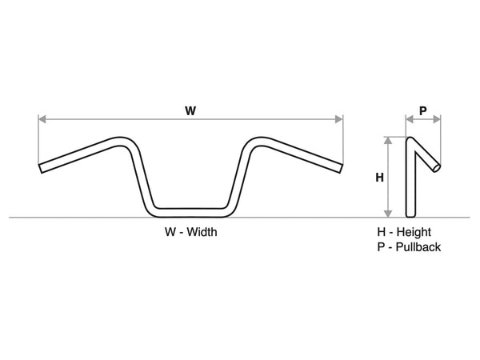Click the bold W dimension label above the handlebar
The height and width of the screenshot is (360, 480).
click(x=190, y=111)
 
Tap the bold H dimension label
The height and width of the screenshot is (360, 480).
click(x=380, y=178)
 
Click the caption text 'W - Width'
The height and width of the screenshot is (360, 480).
click(x=190, y=232)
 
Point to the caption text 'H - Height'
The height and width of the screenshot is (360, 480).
click(x=404, y=232)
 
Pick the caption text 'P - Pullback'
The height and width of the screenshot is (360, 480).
click(x=409, y=247)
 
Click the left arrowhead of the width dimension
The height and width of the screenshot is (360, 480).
click(x=42, y=119)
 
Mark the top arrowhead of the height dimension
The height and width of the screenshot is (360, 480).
click(x=388, y=139)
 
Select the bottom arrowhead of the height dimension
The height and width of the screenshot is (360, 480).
click(x=388, y=214)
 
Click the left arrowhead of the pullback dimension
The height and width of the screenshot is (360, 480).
click(x=408, y=119)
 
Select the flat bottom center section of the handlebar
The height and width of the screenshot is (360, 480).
click(x=190, y=210)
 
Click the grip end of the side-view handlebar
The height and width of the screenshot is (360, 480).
click(x=437, y=167)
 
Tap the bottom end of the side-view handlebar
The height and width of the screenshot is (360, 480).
click(x=410, y=214)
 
